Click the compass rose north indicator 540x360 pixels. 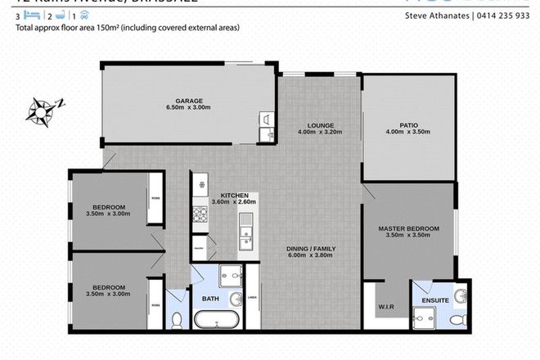[43, 107]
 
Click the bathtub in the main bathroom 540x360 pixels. [218, 318]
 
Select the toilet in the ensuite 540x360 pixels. [463, 318]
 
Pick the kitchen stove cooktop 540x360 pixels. [199, 216]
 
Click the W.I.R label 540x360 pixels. [386, 308]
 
